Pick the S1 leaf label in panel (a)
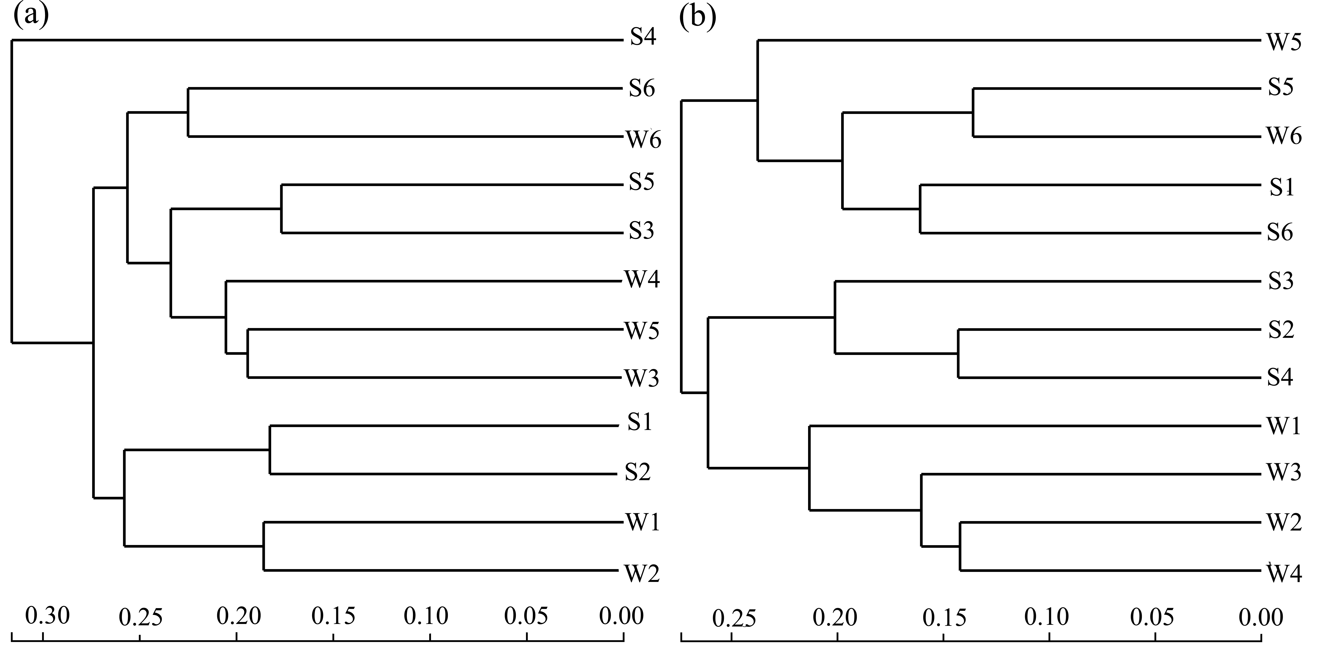coord(639,423)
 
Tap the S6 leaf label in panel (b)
coord(1280,233)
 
